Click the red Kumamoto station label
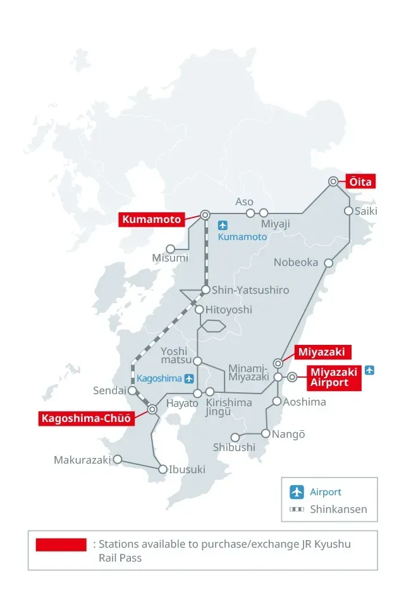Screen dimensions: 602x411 click(152, 219)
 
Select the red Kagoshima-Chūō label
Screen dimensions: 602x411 click(86, 418)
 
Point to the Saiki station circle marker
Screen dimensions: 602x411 click(348, 211)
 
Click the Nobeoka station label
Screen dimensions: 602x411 click(296, 262)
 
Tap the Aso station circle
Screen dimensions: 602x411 click(250, 213)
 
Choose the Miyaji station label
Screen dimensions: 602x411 click(276, 225)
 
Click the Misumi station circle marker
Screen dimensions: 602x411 click(170, 249)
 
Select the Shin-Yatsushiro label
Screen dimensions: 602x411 click(250, 290)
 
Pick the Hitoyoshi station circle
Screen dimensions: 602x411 click(199, 310)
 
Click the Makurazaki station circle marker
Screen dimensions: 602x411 click(117, 460)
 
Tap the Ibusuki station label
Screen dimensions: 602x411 click(187, 469)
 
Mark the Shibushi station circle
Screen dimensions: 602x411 click(235, 437)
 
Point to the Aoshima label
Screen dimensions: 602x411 click(305, 402)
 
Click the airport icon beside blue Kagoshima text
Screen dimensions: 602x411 click(189, 378)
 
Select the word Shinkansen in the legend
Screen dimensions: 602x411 click(338, 509)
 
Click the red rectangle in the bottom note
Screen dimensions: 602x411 click(61, 545)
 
